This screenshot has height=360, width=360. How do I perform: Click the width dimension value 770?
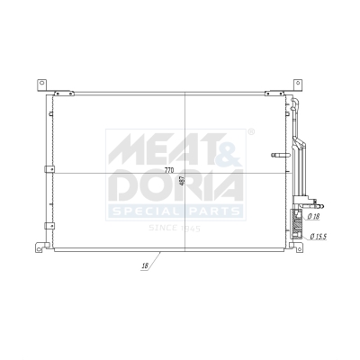pyautogui.click(x=168, y=170)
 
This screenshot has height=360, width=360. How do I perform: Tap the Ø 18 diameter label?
pyautogui.click(x=313, y=217)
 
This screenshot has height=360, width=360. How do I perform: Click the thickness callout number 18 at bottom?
pyautogui.click(x=144, y=267)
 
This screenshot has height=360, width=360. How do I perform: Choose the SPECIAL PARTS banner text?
pyautogui.click(x=175, y=211)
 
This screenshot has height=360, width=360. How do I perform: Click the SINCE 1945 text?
pyautogui.click(x=175, y=227)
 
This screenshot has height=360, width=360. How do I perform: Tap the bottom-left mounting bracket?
pyautogui.click(x=40, y=246)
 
